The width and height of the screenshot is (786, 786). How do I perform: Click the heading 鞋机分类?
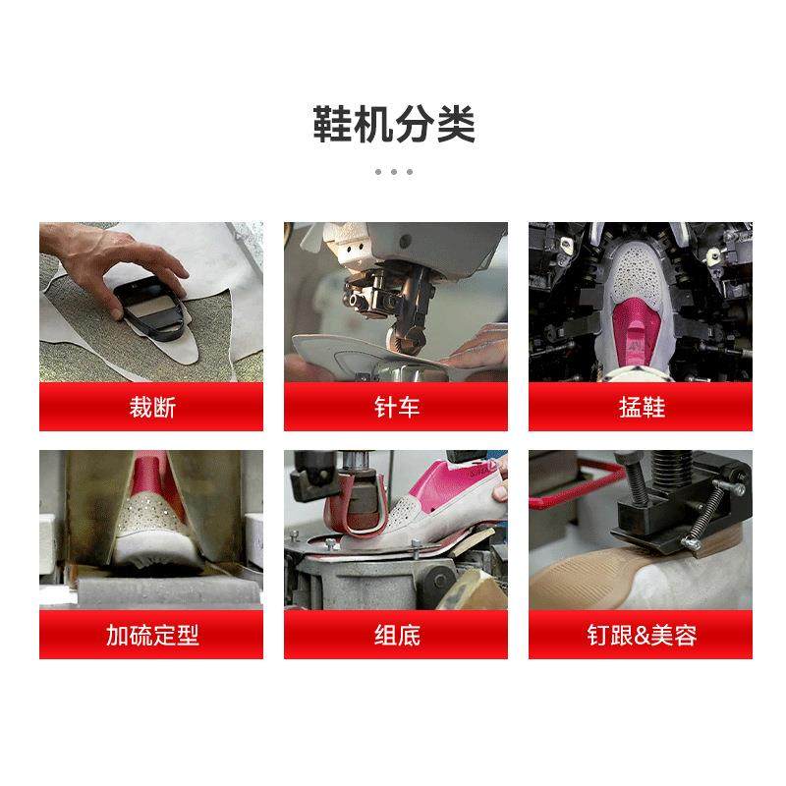point(393,125)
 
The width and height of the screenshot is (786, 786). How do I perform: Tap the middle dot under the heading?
point(393,171)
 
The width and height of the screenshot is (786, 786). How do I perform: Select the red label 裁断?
point(151,407)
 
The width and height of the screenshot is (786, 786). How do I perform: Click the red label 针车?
point(396,407)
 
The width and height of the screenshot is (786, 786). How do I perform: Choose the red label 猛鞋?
point(641,407)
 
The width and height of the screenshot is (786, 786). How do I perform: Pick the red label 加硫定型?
point(151,635)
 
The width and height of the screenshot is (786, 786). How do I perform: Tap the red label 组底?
point(396,635)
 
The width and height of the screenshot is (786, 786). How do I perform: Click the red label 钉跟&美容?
point(641,635)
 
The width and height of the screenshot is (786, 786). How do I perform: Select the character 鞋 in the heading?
point(333,125)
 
